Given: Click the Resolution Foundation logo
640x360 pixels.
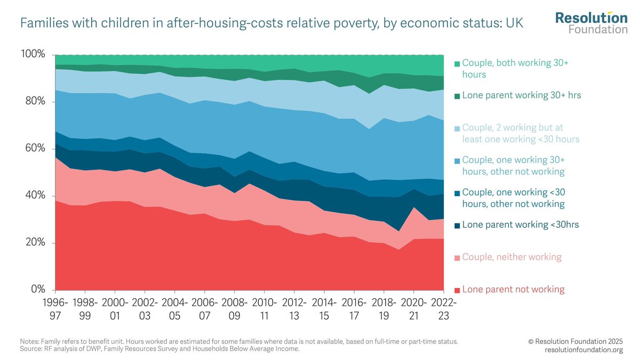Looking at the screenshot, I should [591, 22].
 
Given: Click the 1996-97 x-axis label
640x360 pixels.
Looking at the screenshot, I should [55, 308].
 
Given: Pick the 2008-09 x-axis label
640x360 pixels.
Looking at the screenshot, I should [233, 308].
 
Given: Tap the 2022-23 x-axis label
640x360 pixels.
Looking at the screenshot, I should [444, 308].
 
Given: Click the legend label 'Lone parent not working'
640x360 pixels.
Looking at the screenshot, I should [513, 290].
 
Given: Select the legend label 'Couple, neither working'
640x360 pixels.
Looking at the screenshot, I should [511, 257].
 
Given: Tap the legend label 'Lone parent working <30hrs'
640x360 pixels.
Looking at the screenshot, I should [521, 225].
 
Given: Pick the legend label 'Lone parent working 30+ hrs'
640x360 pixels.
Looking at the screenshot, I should [522, 95].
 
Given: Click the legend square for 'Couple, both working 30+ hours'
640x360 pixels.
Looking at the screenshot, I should [457, 64].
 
